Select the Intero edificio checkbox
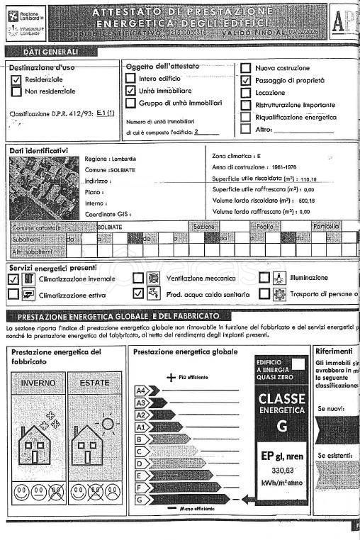(x=130, y=79)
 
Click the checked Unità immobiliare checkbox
(x=130, y=91)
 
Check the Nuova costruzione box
(x=246, y=69)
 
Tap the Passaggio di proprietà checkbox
(x=246, y=81)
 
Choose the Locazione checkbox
(x=246, y=93)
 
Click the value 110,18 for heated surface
(x=309, y=180)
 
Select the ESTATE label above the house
(x=95, y=383)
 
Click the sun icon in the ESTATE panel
(x=108, y=423)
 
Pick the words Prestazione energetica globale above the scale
(x=186, y=351)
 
